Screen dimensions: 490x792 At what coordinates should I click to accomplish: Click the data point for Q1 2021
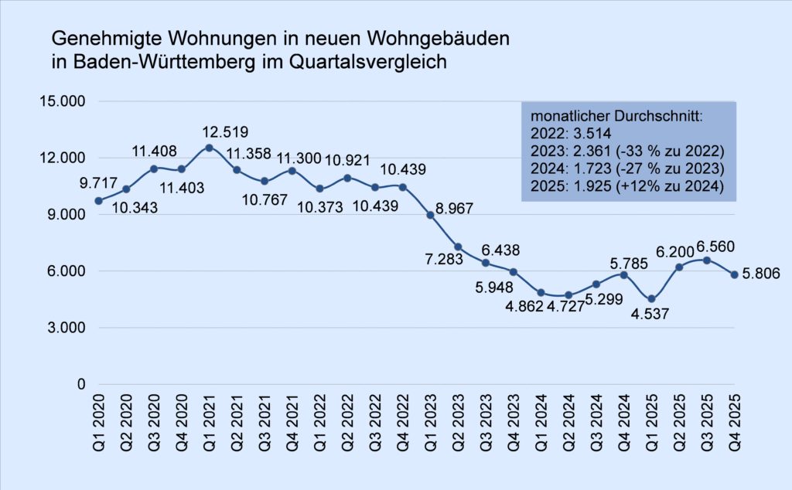[x=209, y=147]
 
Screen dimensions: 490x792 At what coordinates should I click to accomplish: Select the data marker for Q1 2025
[x=651, y=299]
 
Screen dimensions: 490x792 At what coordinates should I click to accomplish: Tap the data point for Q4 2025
[x=734, y=274]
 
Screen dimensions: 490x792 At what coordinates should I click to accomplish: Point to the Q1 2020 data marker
[x=98, y=201]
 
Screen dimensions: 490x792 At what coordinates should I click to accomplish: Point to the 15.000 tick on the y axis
[x=64, y=101]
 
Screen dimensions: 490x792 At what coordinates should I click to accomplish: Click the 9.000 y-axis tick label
[x=68, y=215]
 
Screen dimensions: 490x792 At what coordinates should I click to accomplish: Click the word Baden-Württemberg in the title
[x=151, y=63]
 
